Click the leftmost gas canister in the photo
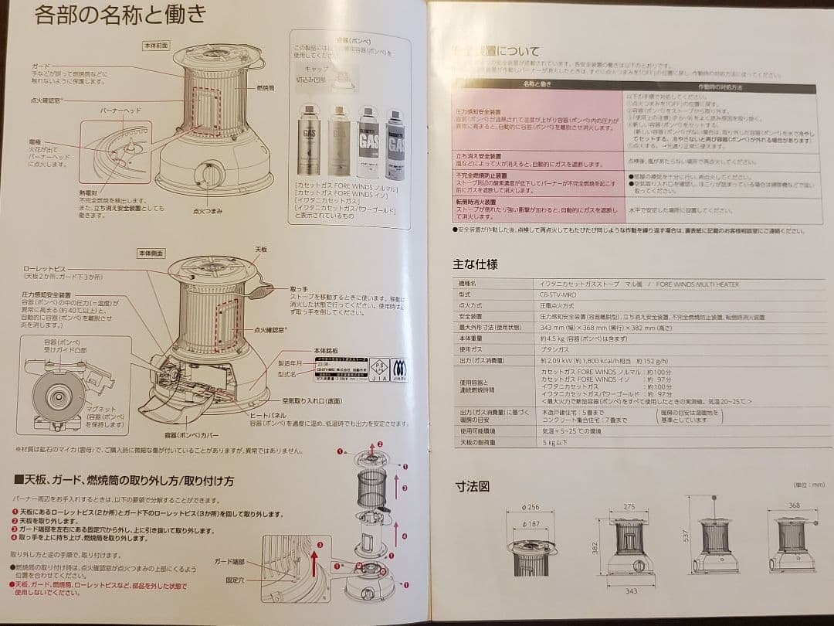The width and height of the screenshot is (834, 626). [x=310, y=141]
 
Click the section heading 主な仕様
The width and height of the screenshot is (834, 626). [x=475, y=264]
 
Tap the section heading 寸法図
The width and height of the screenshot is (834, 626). [x=471, y=486]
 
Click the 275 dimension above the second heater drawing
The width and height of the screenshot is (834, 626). [x=629, y=507]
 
